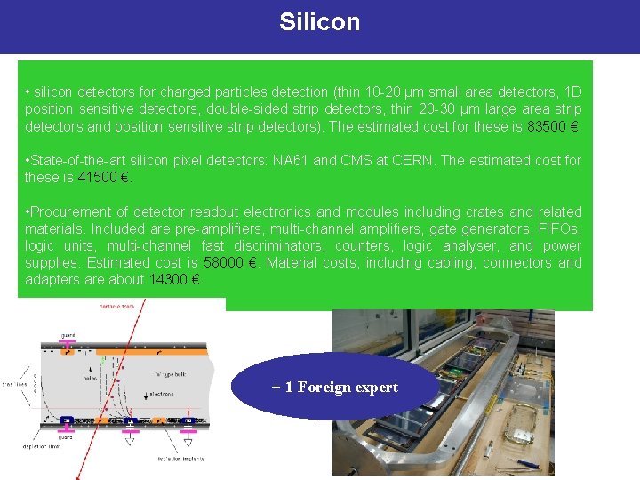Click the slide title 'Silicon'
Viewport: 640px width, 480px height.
coord(319,22)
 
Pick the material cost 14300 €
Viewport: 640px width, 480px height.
coord(174,279)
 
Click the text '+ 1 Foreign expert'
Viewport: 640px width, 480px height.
coord(334,387)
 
